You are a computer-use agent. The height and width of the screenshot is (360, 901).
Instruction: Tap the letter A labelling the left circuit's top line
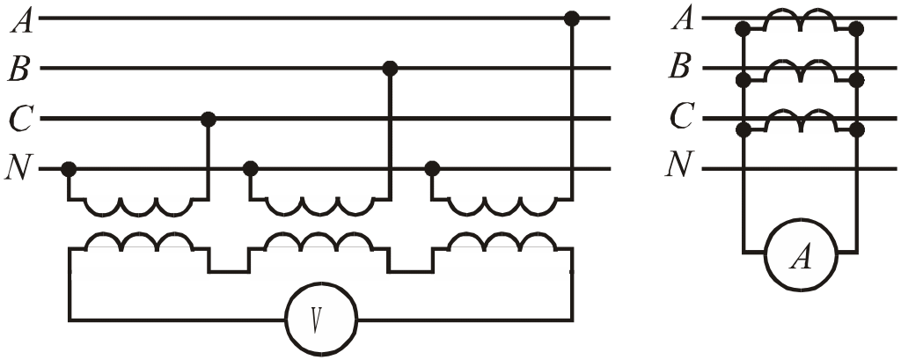21,19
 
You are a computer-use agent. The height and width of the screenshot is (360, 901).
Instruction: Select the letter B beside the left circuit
19,69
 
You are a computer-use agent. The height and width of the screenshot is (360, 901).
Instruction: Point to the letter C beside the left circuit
19,118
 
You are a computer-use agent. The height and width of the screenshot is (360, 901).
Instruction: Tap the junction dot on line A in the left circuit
572,18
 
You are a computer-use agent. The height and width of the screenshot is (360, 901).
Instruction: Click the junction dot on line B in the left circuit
391,68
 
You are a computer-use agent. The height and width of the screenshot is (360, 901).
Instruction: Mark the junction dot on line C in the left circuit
209,118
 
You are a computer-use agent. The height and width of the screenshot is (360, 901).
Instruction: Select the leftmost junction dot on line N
69,167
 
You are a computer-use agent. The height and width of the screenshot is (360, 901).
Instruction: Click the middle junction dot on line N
251,167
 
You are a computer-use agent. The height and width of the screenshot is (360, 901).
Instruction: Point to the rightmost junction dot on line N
432,167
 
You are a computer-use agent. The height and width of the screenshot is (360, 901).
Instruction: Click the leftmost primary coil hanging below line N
138,207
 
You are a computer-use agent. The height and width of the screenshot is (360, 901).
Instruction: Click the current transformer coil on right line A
800,21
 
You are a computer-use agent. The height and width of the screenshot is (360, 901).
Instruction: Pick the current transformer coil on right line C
800,121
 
